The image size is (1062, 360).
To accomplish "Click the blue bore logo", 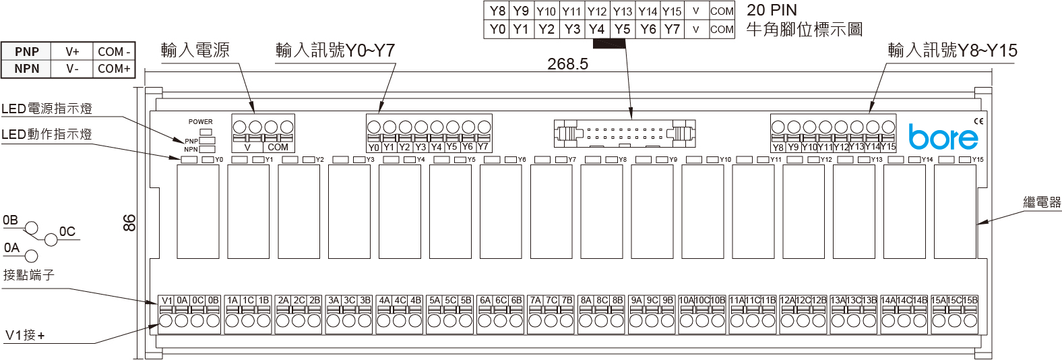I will point(943,137).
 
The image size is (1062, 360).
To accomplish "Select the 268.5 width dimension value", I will point(567,64).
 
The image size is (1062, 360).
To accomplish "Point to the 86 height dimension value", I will point(129,222).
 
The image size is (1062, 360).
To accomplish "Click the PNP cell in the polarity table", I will point(27,52).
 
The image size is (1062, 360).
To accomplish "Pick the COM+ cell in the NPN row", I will point(114,69).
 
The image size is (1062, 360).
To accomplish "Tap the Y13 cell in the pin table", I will point(622,11).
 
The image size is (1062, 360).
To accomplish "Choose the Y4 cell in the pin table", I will point(596,29).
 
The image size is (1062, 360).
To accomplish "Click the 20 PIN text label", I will point(772,10).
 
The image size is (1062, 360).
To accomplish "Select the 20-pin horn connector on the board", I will point(624,133).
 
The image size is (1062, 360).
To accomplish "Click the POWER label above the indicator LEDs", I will point(200,122).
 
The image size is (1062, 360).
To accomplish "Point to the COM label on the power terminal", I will point(278,147).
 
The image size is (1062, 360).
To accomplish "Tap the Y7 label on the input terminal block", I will point(483,146).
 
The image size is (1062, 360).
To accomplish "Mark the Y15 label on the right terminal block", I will point(888,146).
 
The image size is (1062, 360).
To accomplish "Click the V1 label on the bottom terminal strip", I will point(167,301).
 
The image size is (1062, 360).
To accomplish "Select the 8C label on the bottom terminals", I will point(602,301).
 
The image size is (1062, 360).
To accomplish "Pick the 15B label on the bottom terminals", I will point(970,301).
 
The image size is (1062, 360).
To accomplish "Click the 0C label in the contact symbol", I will point(67,232).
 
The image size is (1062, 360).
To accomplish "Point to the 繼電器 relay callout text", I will point(1042,202).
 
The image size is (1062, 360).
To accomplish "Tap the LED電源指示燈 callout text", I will point(46,109).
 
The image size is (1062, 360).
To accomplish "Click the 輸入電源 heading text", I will point(195,50).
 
